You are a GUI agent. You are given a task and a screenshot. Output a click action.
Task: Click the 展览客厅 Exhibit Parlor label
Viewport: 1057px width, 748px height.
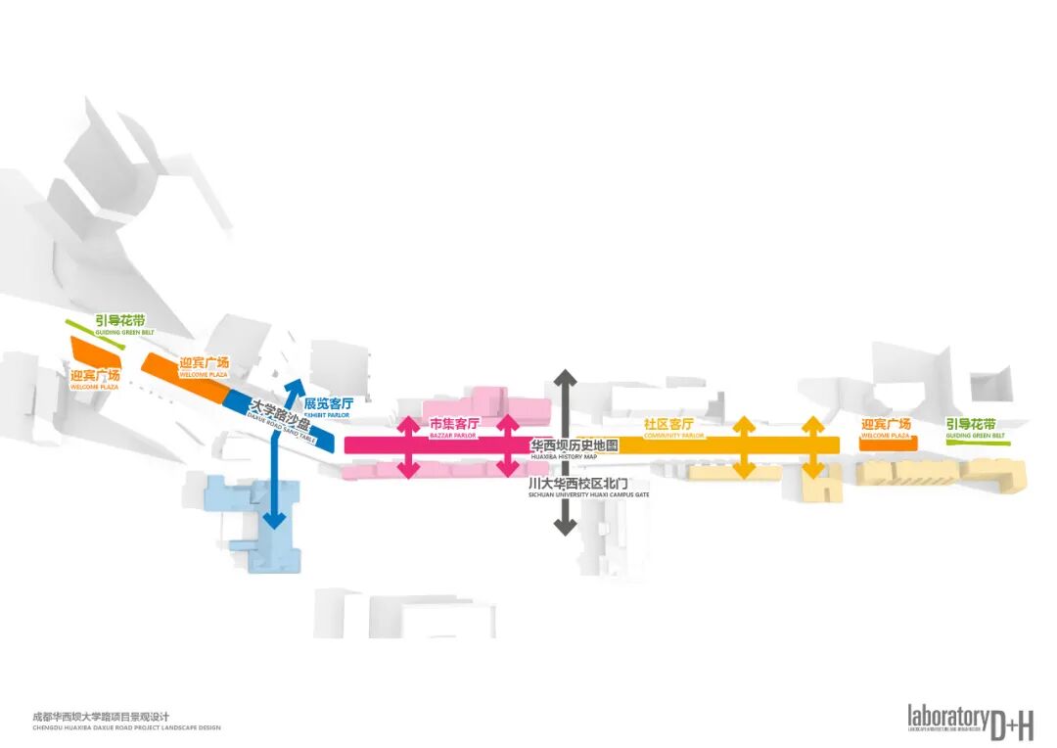pos(328,404)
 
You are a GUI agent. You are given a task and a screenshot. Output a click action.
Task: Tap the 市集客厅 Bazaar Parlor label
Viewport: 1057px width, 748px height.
pos(455,425)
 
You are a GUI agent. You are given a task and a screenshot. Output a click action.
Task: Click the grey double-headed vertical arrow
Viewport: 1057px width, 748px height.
pos(564,452)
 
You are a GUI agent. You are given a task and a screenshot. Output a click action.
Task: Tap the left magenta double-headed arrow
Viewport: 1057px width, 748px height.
pos(409,446)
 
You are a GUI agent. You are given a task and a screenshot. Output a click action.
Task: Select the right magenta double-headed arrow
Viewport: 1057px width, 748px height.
pos(506,446)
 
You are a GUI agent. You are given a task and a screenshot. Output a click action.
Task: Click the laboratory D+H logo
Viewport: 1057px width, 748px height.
pos(969,722)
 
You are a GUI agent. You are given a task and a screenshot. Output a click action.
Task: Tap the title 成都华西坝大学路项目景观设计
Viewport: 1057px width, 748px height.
pos(108,717)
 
